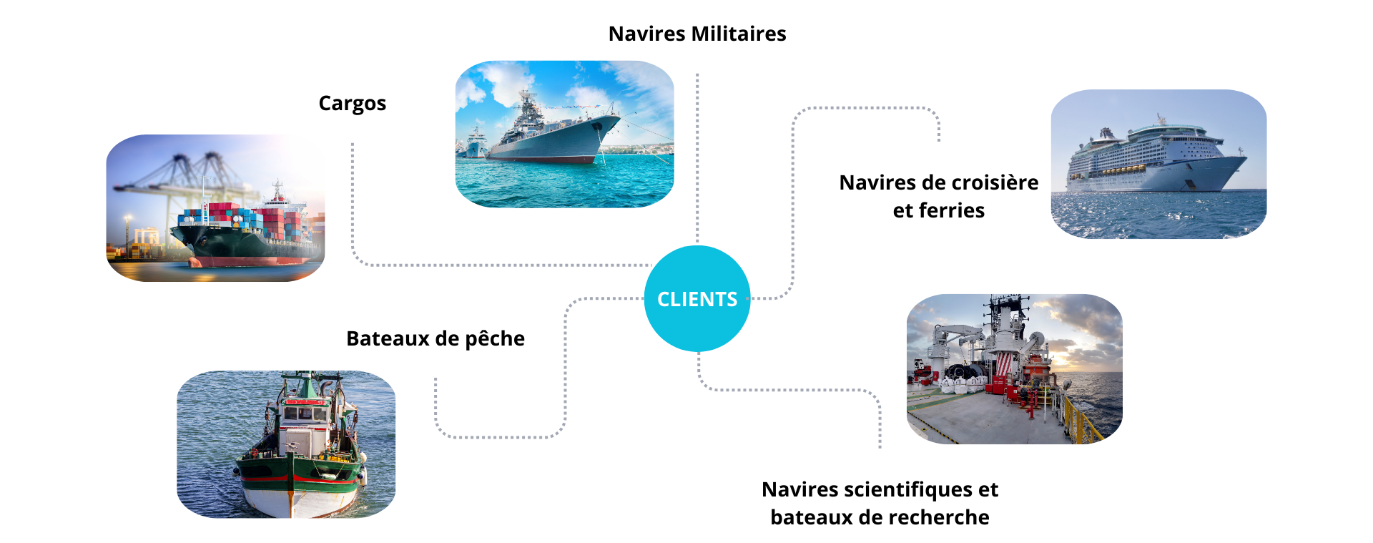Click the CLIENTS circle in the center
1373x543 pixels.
[x=697, y=298]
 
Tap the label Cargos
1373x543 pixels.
[x=352, y=104]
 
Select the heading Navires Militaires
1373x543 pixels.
[x=697, y=34]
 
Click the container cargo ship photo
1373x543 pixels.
[x=215, y=208]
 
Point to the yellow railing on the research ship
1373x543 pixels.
[x=1083, y=422]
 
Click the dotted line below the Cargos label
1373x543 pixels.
[x=353, y=200]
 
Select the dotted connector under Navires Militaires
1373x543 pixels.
[x=697, y=157]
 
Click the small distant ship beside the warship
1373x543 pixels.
[x=475, y=143]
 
